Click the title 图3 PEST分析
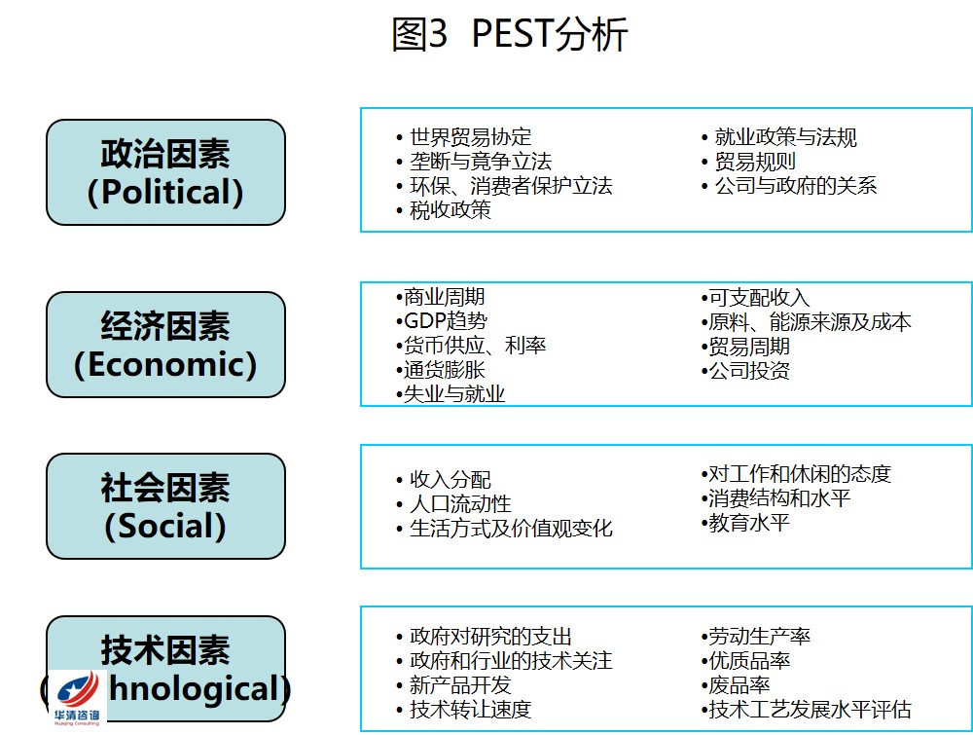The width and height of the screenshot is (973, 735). (x=510, y=33)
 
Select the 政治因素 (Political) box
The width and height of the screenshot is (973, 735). (x=165, y=172)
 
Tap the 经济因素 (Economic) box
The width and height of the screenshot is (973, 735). (x=165, y=345)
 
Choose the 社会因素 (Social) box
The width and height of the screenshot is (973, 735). (x=165, y=506)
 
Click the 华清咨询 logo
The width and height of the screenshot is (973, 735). (x=78, y=697)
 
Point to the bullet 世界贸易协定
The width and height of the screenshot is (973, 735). (x=464, y=136)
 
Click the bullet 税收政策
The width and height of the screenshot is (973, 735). (x=444, y=210)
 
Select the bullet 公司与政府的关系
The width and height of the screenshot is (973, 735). (x=789, y=185)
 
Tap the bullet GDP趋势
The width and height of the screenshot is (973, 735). (x=441, y=320)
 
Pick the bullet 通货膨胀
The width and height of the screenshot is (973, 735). (x=441, y=369)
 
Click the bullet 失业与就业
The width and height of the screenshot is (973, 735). (x=450, y=393)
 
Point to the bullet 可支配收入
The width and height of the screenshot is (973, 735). (x=755, y=297)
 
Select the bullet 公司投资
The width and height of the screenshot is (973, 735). (x=745, y=371)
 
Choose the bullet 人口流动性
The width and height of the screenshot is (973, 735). (x=453, y=503)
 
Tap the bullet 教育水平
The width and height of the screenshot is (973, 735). (x=745, y=523)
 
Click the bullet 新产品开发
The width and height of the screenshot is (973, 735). (x=453, y=684)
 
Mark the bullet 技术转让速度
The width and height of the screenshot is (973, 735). (x=464, y=709)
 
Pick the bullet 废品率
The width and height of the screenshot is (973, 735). (x=736, y=684)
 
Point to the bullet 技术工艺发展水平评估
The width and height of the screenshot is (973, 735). (x=806, y=709)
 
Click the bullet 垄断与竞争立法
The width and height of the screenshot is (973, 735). (x=474, y=162)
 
